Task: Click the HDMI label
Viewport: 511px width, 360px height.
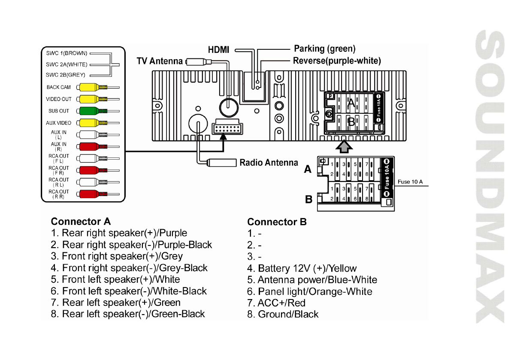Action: (x=218, y=50)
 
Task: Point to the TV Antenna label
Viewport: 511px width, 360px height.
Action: (x=159, y=61)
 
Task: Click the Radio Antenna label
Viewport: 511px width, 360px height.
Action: (x=269, y=163)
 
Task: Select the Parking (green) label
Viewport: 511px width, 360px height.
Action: (x=324, y=49)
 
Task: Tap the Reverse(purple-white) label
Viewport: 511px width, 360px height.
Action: (x=337, y=61)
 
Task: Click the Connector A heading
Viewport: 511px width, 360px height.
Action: (x=81, y=221)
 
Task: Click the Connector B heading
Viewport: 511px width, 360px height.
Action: (x=277, y=222)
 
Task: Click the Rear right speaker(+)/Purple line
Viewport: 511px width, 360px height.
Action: (x=119, y=233)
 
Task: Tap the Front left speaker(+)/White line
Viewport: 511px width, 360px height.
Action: (x=115, y=279)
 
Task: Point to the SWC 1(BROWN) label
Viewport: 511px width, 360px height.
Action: (x=67, y=53)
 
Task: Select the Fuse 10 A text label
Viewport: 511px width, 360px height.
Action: (x=410, y=182)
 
